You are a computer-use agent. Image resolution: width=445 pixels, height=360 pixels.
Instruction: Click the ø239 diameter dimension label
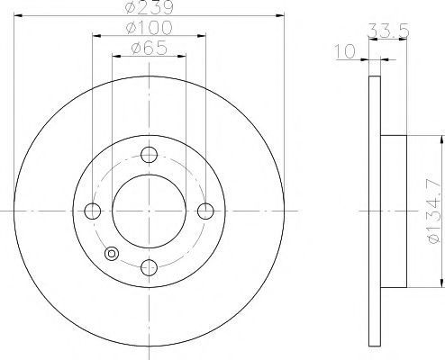(x=150, y=7)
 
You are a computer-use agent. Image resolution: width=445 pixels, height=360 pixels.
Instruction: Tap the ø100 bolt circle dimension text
(x=150, y=28)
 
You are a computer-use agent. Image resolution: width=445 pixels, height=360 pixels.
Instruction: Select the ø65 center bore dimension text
(x=149, y=48)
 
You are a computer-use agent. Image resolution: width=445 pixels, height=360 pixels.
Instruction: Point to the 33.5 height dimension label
(x=388, y=31)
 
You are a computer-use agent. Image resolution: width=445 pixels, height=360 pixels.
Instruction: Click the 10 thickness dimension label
(x=345, y=51)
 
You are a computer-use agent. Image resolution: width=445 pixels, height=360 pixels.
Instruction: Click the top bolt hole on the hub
(x=150, y=155)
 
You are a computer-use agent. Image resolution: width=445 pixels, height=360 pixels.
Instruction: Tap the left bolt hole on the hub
(x=93, y=211)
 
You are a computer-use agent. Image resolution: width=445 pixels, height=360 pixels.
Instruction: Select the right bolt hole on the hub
(x=205, y=211)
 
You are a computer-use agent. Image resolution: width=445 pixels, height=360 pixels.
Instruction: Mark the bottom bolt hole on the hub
(x=150, y=268)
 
